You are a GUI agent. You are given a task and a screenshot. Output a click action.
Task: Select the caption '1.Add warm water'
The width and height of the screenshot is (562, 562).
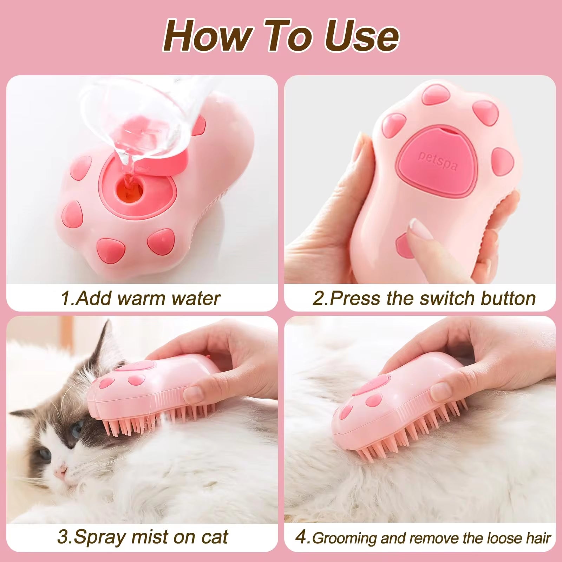[x=140, y=298]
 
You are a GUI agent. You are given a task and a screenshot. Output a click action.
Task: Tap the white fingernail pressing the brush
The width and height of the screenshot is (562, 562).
[x=419, y=228]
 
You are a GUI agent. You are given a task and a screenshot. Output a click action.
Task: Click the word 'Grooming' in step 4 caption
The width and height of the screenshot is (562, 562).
[x=344, y=538]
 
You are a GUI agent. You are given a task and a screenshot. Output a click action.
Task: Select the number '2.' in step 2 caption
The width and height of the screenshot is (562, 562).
[x=320, y=298]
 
